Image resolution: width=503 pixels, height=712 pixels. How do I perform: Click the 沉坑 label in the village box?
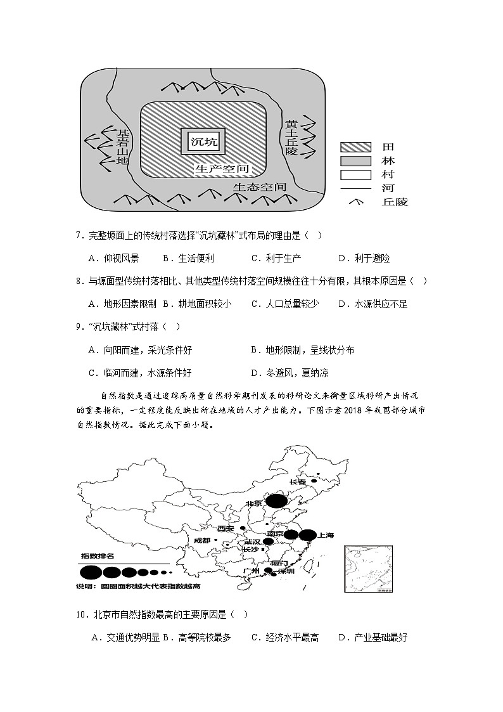[x=203, y=141]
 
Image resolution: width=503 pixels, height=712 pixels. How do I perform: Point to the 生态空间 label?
[x=260, y=188]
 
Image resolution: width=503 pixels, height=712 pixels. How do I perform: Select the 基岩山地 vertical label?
[x=122, y=148]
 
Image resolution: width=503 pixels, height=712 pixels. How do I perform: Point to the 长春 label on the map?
[x=297, y=482]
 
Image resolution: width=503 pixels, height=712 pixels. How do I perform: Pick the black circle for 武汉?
[x=267, y=541]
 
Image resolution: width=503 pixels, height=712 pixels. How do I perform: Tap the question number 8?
[x=78, y=281]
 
